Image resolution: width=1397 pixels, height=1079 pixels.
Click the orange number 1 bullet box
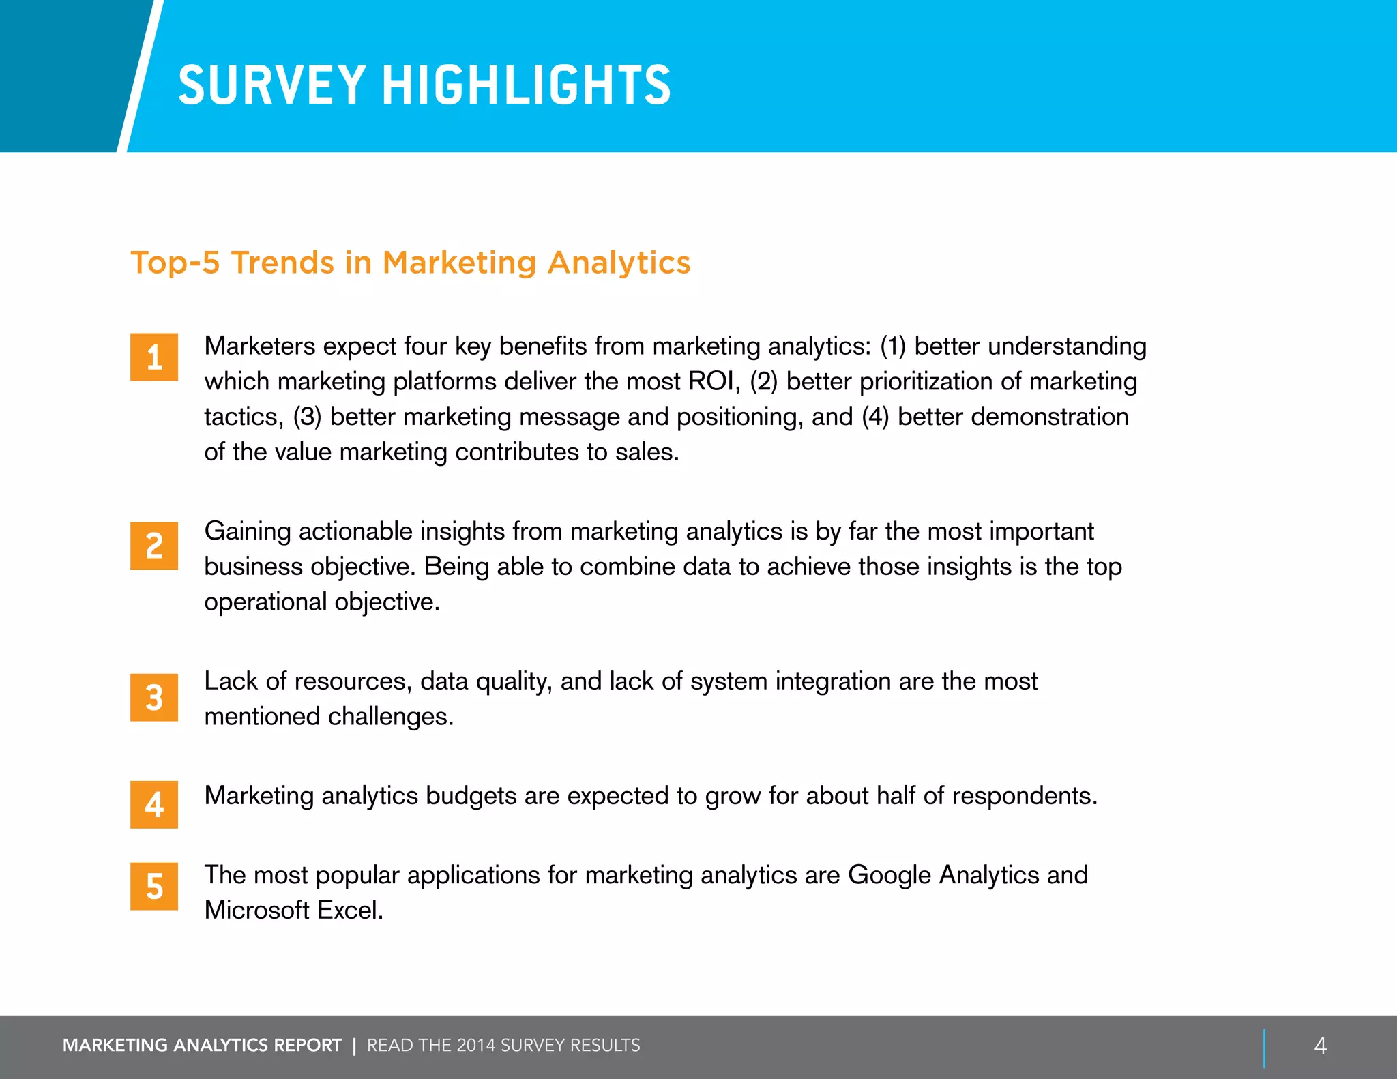point(154,357)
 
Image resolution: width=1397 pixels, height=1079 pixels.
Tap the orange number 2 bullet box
point(154,546)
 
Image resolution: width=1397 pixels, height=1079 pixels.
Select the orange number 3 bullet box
point(154,697)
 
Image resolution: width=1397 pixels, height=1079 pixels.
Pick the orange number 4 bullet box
point(154,804)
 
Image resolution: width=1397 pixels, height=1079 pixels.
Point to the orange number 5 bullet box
point(154,886)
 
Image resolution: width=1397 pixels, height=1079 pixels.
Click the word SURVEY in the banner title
point(272,85)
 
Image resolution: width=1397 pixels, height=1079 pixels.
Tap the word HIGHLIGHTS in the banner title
point(527,85)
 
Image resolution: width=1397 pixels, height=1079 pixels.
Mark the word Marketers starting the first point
point(260,346)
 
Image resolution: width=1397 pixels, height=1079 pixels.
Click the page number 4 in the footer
point(1320,1046)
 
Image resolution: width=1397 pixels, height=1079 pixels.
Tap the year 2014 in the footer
point(475,1046)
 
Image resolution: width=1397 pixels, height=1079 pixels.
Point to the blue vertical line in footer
point(1264,1048)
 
